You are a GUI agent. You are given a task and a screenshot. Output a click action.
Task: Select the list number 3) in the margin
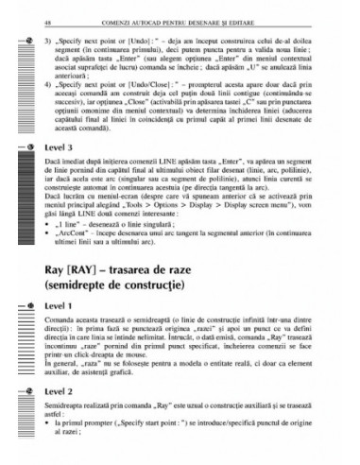(x=47, y=42)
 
